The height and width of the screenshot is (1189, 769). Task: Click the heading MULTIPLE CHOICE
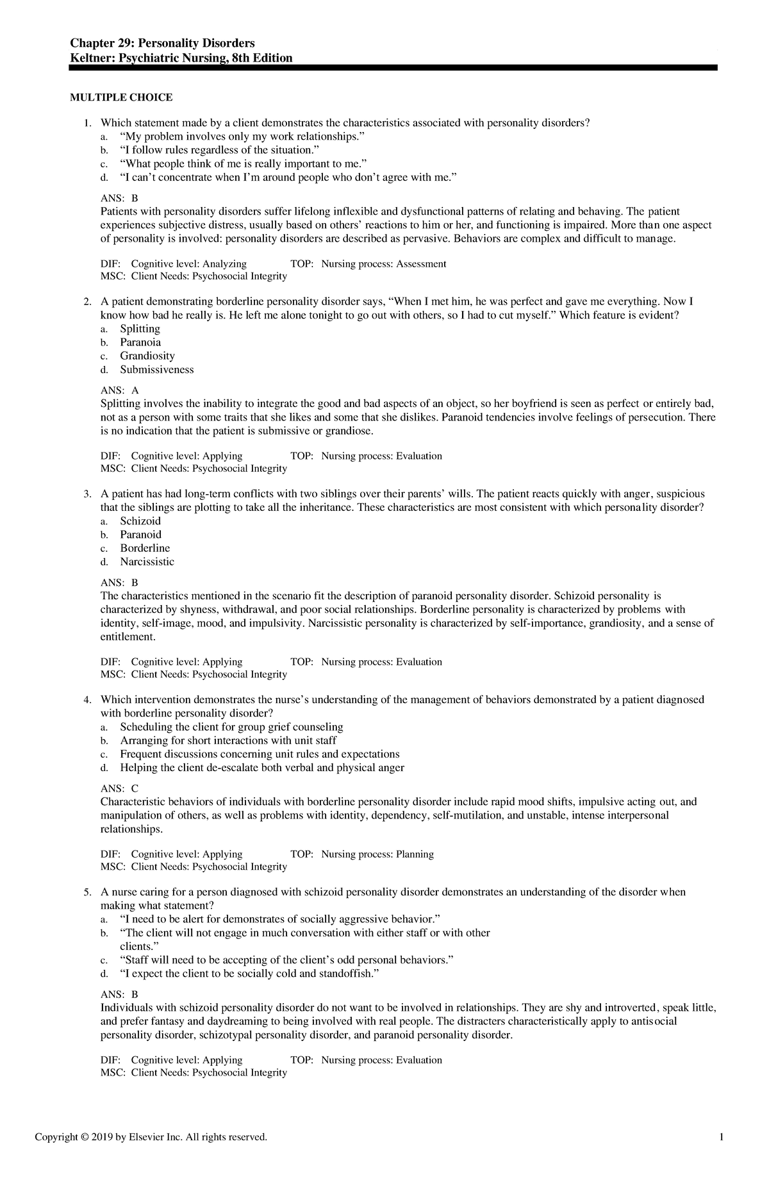121,97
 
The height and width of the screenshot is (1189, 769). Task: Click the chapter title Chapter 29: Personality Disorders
162,43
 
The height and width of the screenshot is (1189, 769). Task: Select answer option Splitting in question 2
140,329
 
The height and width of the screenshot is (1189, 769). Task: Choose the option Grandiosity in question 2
147,356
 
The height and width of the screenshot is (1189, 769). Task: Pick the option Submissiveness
156,370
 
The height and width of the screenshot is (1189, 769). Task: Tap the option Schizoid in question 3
140,521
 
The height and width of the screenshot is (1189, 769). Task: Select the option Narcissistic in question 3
147,562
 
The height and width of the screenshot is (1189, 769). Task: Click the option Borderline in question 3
145,548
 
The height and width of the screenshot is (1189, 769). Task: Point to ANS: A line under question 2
120,390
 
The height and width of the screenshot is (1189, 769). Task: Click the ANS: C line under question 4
120,788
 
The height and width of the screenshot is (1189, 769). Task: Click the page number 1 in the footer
722,1137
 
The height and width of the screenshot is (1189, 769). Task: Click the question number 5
87,892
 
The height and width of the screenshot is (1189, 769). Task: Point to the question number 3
87,494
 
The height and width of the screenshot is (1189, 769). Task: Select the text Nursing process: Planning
377,854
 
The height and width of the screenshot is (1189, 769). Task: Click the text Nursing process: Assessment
383,264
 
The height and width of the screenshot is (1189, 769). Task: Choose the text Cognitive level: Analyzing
188,264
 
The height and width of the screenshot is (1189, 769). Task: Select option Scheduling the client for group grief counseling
231,727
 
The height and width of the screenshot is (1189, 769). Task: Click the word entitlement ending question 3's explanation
128,637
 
